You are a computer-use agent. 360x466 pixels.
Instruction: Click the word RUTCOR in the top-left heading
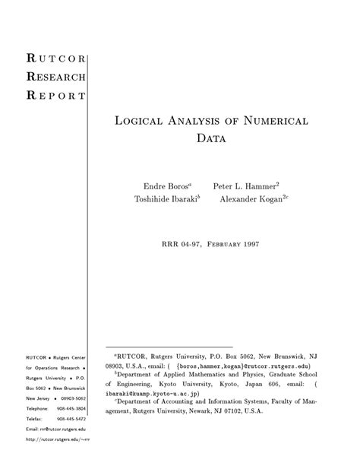coord(56,59)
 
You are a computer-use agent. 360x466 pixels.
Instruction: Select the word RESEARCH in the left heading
coord(56,77)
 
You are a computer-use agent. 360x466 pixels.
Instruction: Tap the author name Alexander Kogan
coord(251,201)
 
